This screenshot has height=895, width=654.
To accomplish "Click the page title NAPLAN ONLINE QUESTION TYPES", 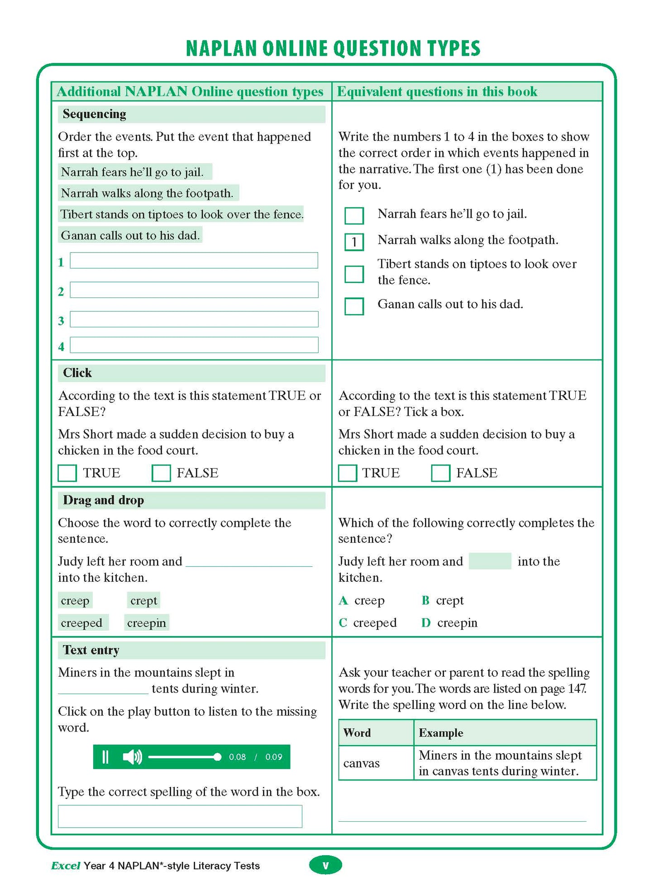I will [x=333, y=48].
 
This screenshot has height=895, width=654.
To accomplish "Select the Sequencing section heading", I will [x=95, y=114].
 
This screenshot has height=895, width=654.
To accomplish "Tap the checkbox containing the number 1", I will [x=354, y=242].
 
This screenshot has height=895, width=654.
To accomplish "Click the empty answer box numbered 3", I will [x=194, y=319].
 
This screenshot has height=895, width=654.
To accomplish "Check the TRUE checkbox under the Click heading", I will [x=67, y=473].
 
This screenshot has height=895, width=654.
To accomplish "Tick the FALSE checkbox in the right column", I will [x=440, y=473].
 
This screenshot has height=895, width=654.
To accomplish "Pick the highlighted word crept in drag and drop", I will [x=143, y=601].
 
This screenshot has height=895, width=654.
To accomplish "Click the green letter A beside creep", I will [x=343, y=601].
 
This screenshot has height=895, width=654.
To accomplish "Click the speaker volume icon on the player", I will [x=132, y=757].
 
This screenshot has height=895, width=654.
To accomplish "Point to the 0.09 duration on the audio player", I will [x=273, y=757].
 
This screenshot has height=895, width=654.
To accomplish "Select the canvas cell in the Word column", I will [x=361, y=763].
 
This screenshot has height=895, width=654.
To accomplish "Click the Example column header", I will [x=441, y=733].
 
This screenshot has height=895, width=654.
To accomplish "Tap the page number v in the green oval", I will [x=325, y=865].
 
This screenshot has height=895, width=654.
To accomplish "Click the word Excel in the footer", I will [x=66, y=866].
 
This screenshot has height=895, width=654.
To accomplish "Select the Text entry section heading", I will [x=91, y=650].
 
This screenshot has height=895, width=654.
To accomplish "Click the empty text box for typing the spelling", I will [x=180, y=816].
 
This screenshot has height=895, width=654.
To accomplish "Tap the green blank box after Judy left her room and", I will [x=490, y=561].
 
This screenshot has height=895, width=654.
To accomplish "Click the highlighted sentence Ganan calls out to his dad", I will [x=130, y=235].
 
